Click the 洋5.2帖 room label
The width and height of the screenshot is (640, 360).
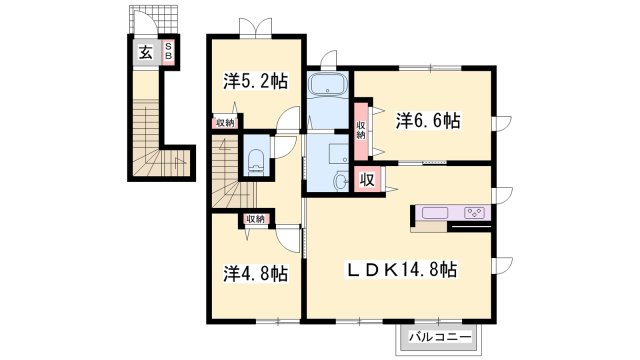pos(256,81)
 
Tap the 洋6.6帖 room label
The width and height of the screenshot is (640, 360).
pos(428,120)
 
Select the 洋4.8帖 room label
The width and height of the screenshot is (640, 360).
pos(256,273)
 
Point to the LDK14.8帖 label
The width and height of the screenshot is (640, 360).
pos(402,269)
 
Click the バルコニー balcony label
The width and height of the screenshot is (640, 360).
pos(440,338)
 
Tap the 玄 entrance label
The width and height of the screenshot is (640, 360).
pos(146,52)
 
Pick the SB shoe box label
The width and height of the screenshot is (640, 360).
pos(169,52)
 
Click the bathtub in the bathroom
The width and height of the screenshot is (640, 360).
pos(328,85)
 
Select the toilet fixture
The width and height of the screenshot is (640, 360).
pos(256,162)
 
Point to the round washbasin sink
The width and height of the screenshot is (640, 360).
pos(340,180)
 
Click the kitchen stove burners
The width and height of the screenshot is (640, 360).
pos(474,213)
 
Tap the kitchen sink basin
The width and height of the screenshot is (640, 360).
pos(435,213)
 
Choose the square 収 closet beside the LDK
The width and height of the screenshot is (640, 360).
pos(367,179)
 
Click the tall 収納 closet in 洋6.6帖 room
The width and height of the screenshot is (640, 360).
pos(361,130)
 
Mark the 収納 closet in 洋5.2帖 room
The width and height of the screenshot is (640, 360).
pos(225,122)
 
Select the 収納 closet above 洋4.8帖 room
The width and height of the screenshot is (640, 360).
pos(256,219)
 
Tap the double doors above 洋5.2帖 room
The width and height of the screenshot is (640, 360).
pos(256,27)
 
